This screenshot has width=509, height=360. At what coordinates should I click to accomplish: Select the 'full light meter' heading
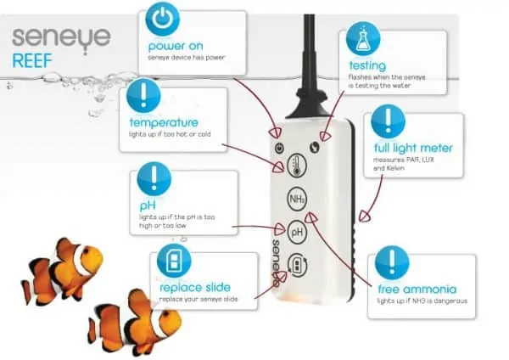413,148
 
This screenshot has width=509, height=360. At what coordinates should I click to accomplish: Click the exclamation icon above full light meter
389,121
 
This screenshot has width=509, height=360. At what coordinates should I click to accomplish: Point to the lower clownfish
127,320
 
